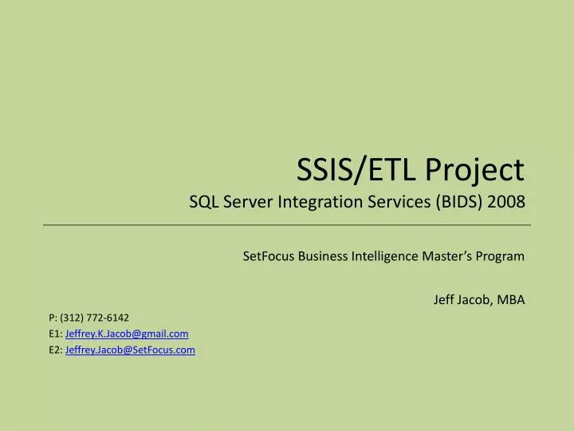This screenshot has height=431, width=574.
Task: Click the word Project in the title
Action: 475,170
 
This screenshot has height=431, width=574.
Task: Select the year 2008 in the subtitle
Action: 507,202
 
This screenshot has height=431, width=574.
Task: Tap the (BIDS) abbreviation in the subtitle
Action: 461,202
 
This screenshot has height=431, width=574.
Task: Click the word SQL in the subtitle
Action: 201,202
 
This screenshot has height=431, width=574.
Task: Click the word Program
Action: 501,256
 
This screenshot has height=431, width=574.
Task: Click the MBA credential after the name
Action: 510,300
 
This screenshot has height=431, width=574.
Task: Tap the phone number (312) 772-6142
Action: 95,317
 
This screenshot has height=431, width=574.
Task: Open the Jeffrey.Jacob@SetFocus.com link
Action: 130,350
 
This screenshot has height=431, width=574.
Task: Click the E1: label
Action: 55,334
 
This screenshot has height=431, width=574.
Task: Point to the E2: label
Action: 55,350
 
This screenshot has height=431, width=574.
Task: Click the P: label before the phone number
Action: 53,317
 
